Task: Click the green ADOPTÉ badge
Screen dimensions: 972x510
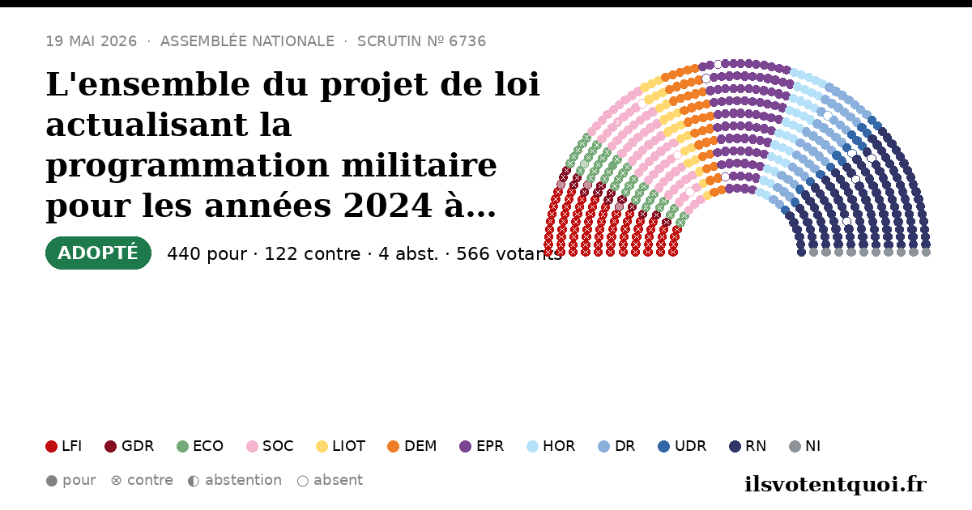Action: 98,253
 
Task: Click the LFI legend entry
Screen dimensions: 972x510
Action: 63,446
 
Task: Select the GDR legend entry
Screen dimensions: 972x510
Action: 130,446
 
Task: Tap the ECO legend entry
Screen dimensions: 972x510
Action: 200,446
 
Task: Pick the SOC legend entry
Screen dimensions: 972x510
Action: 270,446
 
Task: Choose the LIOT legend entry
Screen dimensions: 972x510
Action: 341,446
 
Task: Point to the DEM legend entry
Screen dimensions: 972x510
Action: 411,446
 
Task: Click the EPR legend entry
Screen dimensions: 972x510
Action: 482,446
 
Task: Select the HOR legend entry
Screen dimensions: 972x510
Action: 551,446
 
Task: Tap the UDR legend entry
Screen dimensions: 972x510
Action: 682,446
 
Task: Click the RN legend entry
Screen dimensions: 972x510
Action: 748,446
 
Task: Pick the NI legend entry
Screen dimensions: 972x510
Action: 805,446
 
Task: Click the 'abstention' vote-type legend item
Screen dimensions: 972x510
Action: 235,481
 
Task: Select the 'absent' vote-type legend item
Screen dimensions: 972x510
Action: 330,481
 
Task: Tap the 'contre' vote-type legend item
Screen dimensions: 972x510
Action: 142,481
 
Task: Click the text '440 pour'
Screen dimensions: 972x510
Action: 207,254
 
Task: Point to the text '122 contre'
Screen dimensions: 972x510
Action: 313,254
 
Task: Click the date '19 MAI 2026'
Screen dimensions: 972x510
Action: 92,41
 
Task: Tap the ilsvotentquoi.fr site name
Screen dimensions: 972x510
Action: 835,484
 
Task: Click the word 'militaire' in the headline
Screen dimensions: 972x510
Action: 420,165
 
